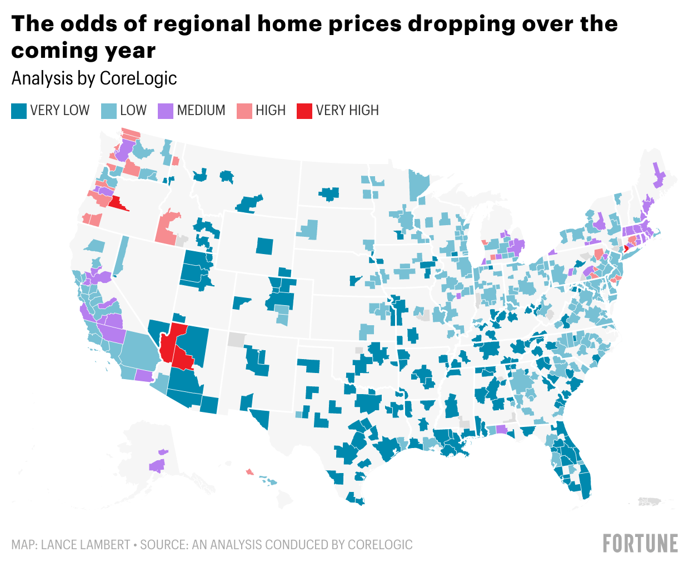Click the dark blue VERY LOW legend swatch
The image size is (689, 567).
click(19, 111)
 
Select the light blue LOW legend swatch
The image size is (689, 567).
click(109, 111)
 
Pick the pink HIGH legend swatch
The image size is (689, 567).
click(244, 111)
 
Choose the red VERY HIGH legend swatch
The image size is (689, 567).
click(304, 111)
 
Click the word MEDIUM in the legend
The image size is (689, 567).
click(201, 111)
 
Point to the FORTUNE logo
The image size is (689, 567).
click(640, 543)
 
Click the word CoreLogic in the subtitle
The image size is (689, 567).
click(138, 78)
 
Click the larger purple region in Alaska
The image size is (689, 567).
click(157, 465)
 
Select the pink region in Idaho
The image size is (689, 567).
click(167, 227)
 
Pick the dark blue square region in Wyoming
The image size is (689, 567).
click(265, 246)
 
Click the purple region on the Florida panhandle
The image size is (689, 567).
click(501, 429)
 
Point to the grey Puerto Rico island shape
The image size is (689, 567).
click(651, 501)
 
